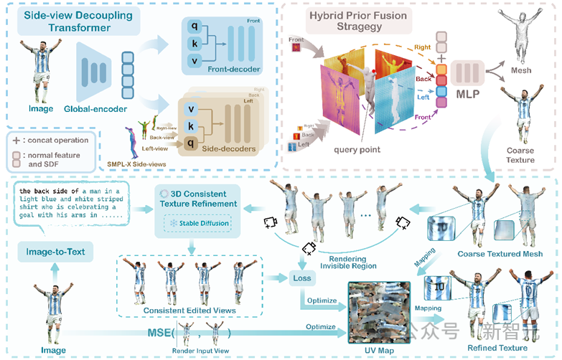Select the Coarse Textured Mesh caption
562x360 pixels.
pyautogui.click(x=500, y=253)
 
